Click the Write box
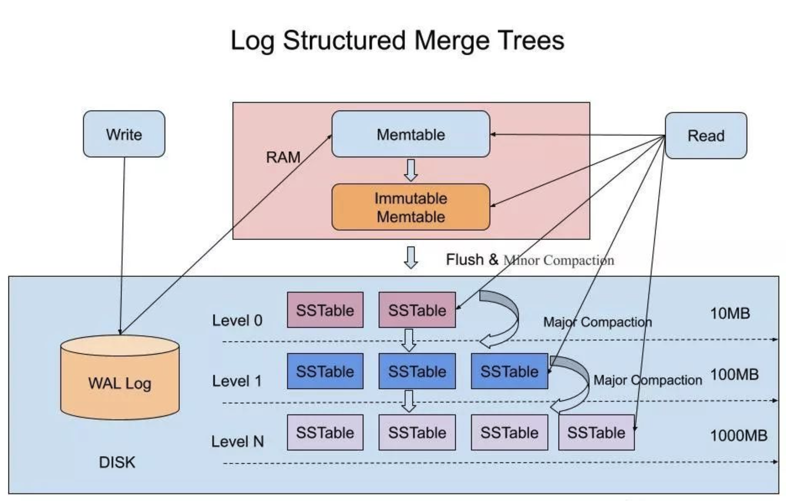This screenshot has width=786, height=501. [x=124, y=134]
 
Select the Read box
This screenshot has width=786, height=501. [x=706, y=136]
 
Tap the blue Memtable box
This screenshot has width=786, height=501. [x=410, y=134]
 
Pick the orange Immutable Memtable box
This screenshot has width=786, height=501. [x=410, y=207]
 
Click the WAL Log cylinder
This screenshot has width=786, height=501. [x=120, y=377]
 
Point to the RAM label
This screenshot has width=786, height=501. [x=283, y=157]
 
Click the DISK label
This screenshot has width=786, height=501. [x=117, y=462]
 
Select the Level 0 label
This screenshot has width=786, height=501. [x=237, y=321]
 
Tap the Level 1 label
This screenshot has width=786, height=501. [x=237, y=381]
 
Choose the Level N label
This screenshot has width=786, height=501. [x=237, y=442]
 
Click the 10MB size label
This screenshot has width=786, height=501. [x=730, y=313]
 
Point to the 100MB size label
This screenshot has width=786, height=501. [x=734, y=374]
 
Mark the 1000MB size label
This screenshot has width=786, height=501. [x=739, y=435]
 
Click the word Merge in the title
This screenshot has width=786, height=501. [x=451, y=41]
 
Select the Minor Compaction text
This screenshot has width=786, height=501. [x=559, y=260]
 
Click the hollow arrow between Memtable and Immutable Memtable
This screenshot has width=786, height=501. [x=411, y=170]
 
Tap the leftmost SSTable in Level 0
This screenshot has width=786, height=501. [x=325, y=310]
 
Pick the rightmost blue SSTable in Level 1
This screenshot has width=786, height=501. [x=509, y=371]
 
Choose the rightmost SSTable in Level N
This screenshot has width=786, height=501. [x=596, y=432]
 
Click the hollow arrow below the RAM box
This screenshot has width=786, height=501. [x=411, y=258]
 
